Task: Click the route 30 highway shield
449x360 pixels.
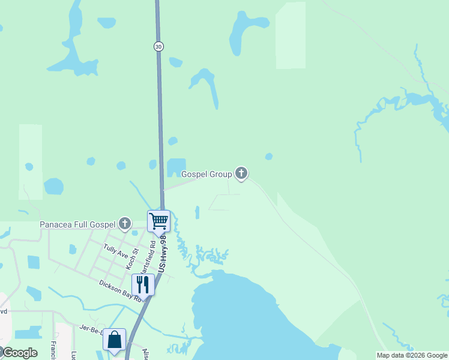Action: [158, 46]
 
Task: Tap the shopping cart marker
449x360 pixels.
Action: [159, 221]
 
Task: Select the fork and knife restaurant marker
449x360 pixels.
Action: [143, 284]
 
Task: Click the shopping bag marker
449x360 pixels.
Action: [114, 340]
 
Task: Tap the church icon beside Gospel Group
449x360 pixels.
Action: [241, 174]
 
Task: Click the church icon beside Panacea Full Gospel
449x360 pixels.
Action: [125, 224]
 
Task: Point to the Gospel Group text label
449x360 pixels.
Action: [206, 175]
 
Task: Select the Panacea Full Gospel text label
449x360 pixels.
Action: [77, 225]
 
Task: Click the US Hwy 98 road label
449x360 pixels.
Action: [163, 256]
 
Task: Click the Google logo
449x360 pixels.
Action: [20, 353]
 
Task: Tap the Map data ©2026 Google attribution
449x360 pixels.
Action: [412, 355]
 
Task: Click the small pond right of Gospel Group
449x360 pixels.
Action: [268, 157]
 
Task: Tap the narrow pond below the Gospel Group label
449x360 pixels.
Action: [197, 212]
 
